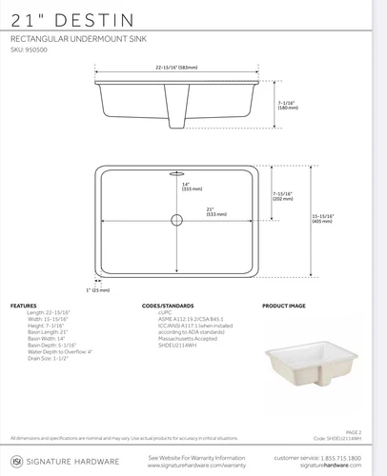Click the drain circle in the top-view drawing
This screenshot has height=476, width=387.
176,220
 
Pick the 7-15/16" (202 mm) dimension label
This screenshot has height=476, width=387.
284,196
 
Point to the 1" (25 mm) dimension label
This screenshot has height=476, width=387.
98,289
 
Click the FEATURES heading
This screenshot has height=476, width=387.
24,306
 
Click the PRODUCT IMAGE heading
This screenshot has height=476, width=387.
283,306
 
